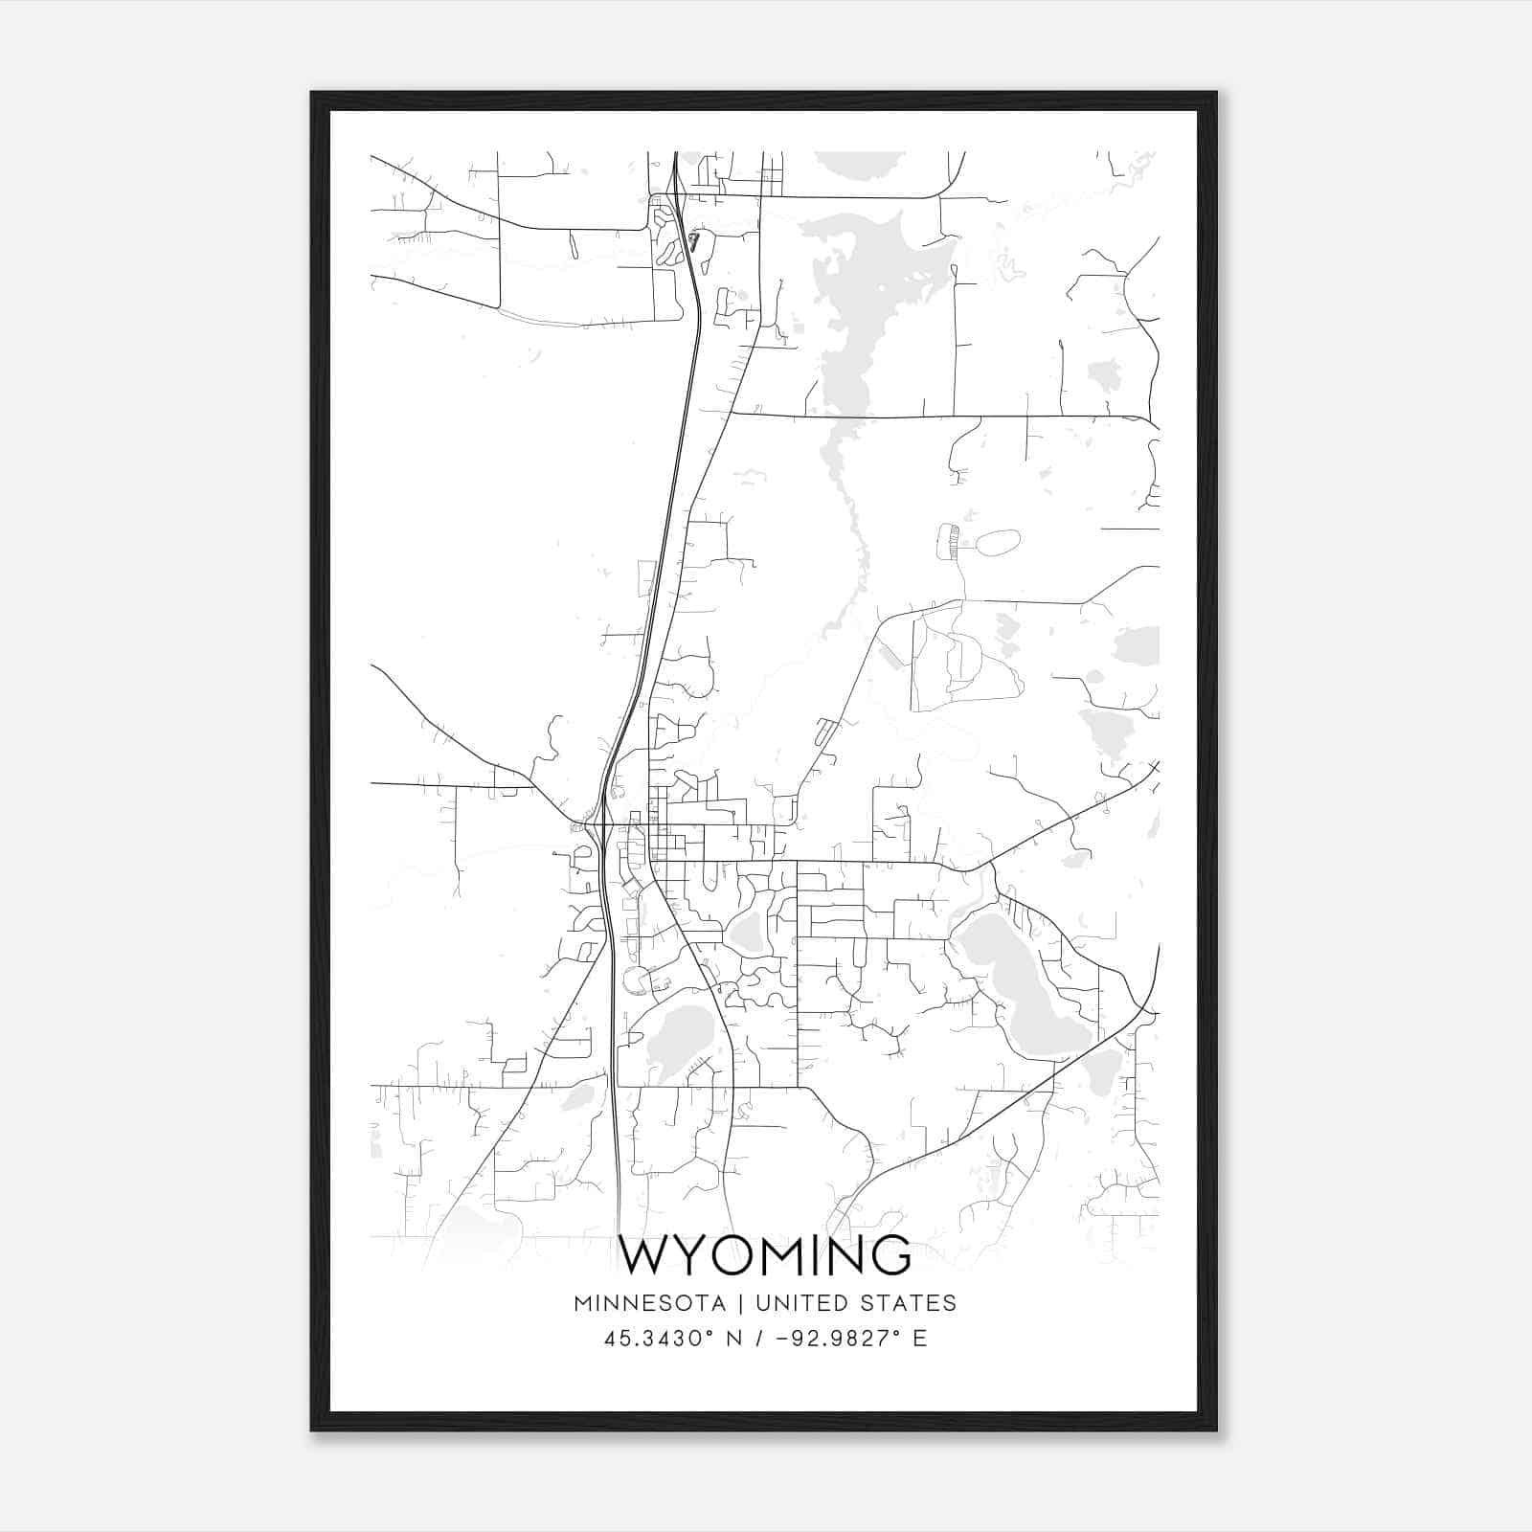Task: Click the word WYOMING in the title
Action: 765,1256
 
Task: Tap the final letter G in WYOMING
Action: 890,1256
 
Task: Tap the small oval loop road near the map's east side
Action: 998,543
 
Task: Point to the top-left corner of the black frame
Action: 312,93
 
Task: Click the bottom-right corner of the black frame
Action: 1216,1430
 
